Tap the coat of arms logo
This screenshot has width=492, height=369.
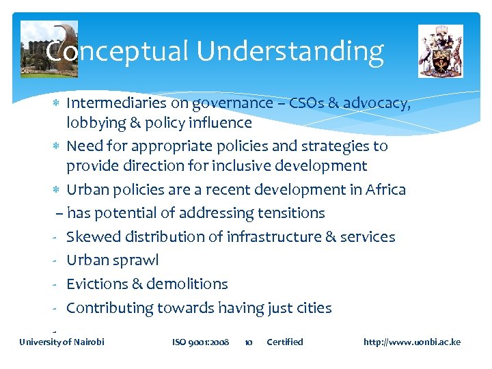[x=440, y=51]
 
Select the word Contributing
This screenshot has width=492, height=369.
[x=109, y=308]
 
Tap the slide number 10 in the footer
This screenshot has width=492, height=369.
[x=249, y=342]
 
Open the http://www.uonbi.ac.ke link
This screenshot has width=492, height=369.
[x=412, y=342]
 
